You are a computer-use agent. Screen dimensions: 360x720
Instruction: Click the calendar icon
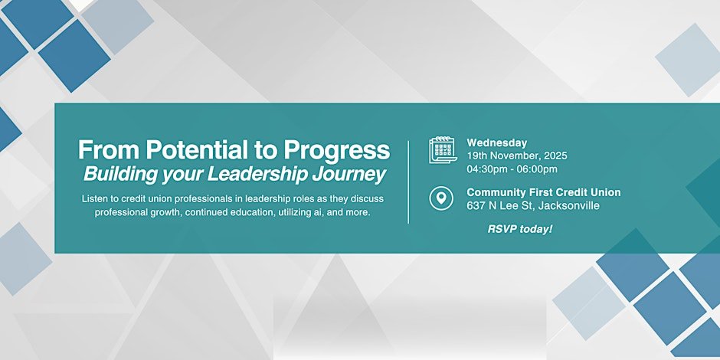click(x=443, y=149)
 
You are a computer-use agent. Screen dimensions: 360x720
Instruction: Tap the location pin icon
click(x=440, y=199)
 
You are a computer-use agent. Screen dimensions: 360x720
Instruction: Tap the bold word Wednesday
click(x=497, y=142)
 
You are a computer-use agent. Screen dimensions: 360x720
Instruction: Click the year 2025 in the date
click(x=554, y=155)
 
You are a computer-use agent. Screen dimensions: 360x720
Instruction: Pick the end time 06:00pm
click(x=538, y=169)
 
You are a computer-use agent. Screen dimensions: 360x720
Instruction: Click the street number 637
click(x=476, y=205)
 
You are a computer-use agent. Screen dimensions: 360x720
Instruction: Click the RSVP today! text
click(x=520, y=229)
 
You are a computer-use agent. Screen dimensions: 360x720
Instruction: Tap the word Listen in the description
click(x=97, y=198)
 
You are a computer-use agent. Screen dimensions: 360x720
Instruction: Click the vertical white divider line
click(x=408, y=182)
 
